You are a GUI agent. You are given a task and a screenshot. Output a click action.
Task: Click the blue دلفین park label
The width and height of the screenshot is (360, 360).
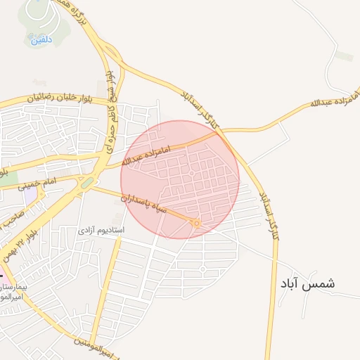[40, 40]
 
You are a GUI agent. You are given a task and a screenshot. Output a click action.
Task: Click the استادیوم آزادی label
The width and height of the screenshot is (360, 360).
[101, 230]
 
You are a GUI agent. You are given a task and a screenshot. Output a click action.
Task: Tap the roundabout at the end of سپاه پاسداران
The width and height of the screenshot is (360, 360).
[197, 223]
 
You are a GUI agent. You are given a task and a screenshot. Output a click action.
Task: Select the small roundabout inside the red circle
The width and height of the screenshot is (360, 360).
[191, 173]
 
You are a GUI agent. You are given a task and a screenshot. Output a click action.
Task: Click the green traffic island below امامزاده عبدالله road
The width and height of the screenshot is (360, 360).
[87, 183]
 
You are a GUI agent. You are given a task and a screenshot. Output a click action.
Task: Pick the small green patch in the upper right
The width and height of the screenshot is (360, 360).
[344, 56]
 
